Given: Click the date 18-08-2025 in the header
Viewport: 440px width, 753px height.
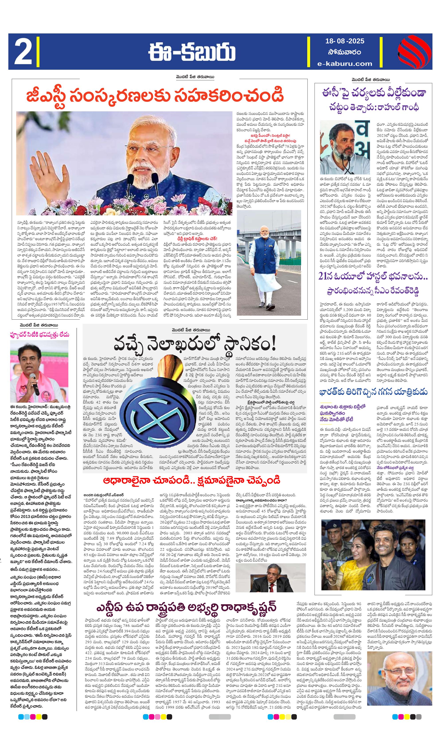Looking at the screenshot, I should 344,41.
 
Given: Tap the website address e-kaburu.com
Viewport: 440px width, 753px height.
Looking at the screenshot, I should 344,63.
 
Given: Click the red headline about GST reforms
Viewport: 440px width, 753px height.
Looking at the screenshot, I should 155,96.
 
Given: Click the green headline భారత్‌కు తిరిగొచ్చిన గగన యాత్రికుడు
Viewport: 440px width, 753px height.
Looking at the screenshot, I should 373,392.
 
